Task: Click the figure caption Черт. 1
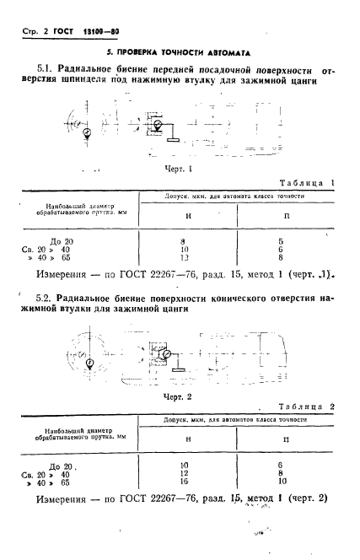(x=178, y=168)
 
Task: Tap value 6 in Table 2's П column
(x=280, y=465)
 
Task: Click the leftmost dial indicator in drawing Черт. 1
(x=88, y=132)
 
